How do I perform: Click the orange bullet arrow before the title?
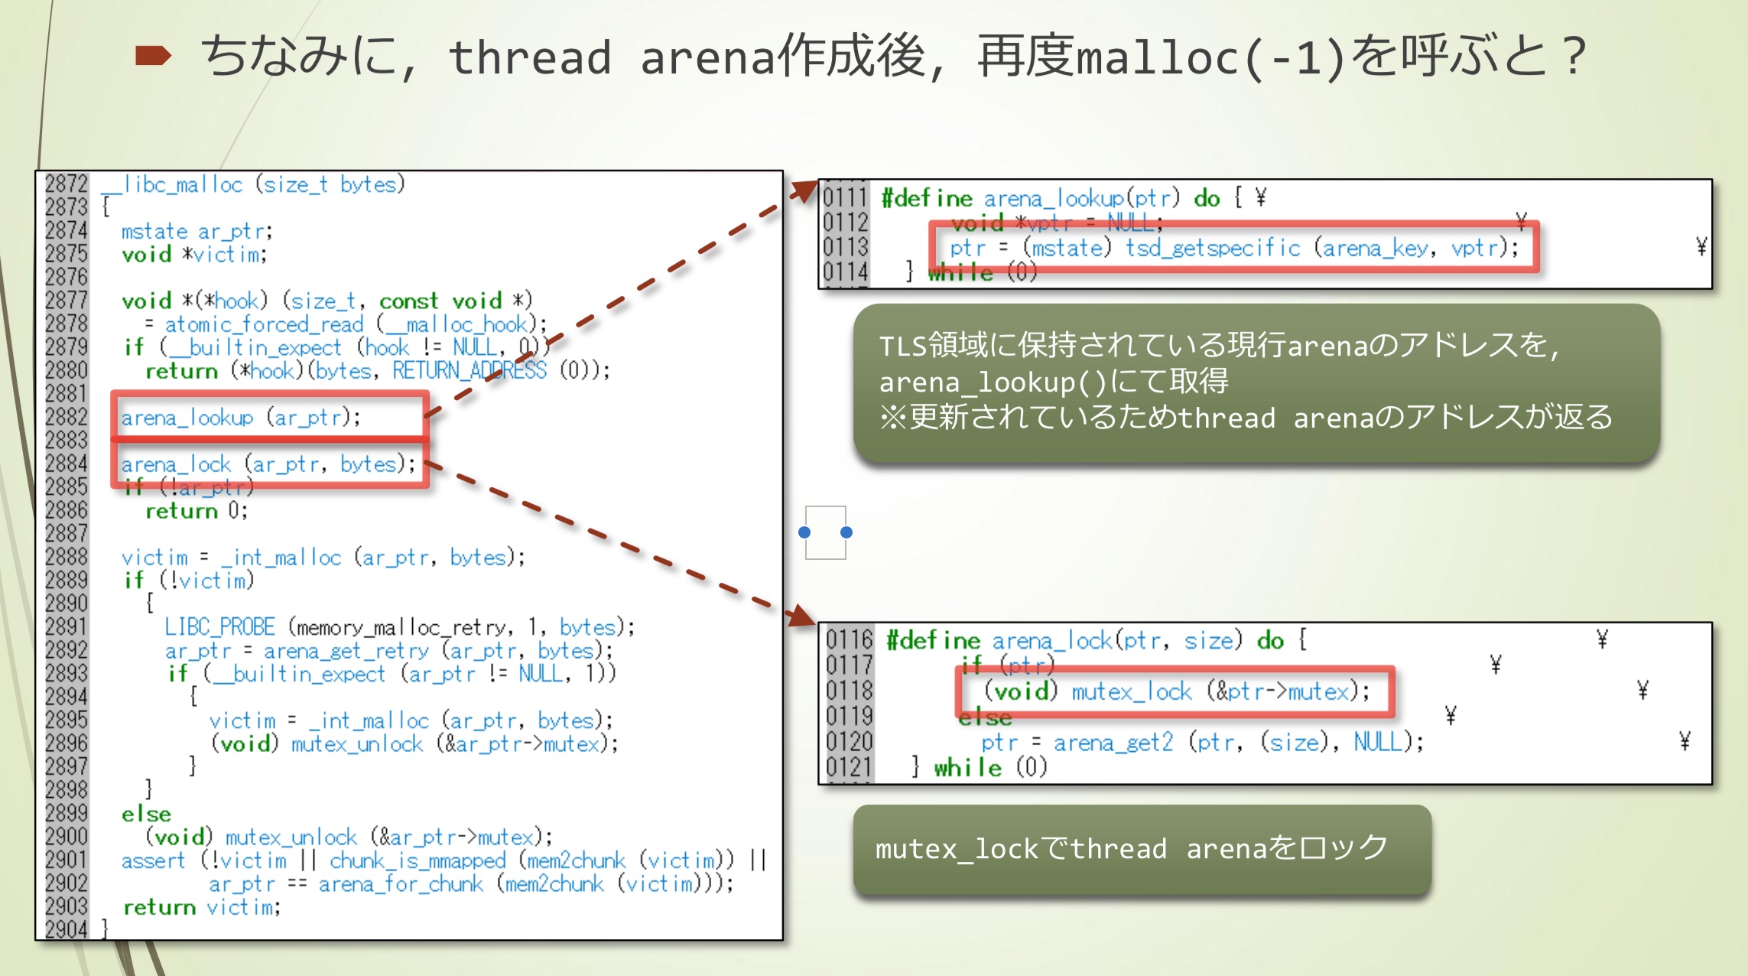(x=152, y=56)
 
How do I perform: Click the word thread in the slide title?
(x=529, y=58)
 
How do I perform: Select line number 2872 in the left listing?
(x=67, y=184)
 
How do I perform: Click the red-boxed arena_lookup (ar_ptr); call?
(x=240, y=418)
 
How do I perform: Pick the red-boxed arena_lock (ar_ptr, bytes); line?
(x=268, y=464)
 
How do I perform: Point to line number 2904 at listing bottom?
(x=67, y=929)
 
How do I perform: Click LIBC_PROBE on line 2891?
(x=219, y=627)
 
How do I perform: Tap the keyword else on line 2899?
(x=146, y=814)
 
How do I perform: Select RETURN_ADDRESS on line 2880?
(x=469, y=371)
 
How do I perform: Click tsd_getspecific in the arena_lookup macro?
(x=1212, y=248)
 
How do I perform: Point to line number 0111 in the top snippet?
(x=845, y=198)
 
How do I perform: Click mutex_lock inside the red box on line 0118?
(x=1131, y=691)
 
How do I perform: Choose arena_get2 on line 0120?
(x=1113, y=742)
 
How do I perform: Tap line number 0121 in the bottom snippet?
(x=849, y=767)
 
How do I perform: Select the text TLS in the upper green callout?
(x=902, y=346)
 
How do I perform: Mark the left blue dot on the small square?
(x=804, y=532)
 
